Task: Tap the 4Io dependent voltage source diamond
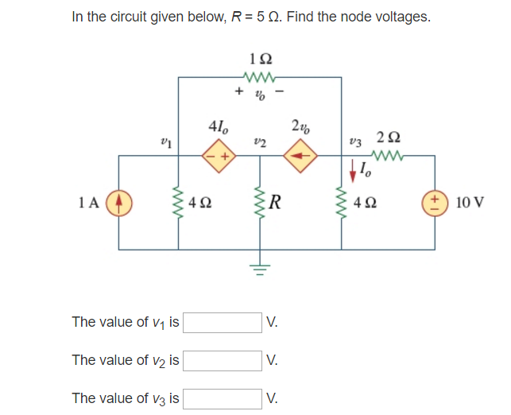[219, 156]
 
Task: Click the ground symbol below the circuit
[260, 271]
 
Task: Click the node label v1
[166, 142]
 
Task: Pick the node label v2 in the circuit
[259, 142]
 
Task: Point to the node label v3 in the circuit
[354, 142]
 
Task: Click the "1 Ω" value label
[260, 58]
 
